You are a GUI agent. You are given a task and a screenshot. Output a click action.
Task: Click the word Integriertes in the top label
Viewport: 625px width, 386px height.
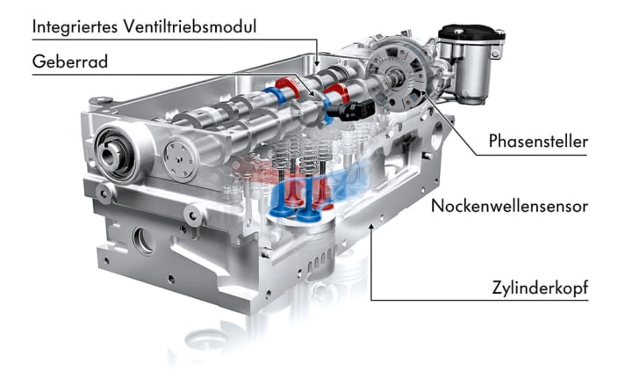point(75,27)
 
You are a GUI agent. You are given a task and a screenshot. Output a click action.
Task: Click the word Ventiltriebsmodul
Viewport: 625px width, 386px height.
point(190,26)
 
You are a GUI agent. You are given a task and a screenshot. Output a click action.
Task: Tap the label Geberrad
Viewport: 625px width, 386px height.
point(70,62)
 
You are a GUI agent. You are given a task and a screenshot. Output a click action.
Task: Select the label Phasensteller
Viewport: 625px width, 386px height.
point(538,142)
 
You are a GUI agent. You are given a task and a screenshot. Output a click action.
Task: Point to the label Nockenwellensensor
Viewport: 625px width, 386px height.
point(509,206)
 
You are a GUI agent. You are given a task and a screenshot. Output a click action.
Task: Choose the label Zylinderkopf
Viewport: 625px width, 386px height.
point(540,288)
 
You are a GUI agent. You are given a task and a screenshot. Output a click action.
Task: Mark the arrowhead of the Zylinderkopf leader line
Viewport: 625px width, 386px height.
point(371,226)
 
